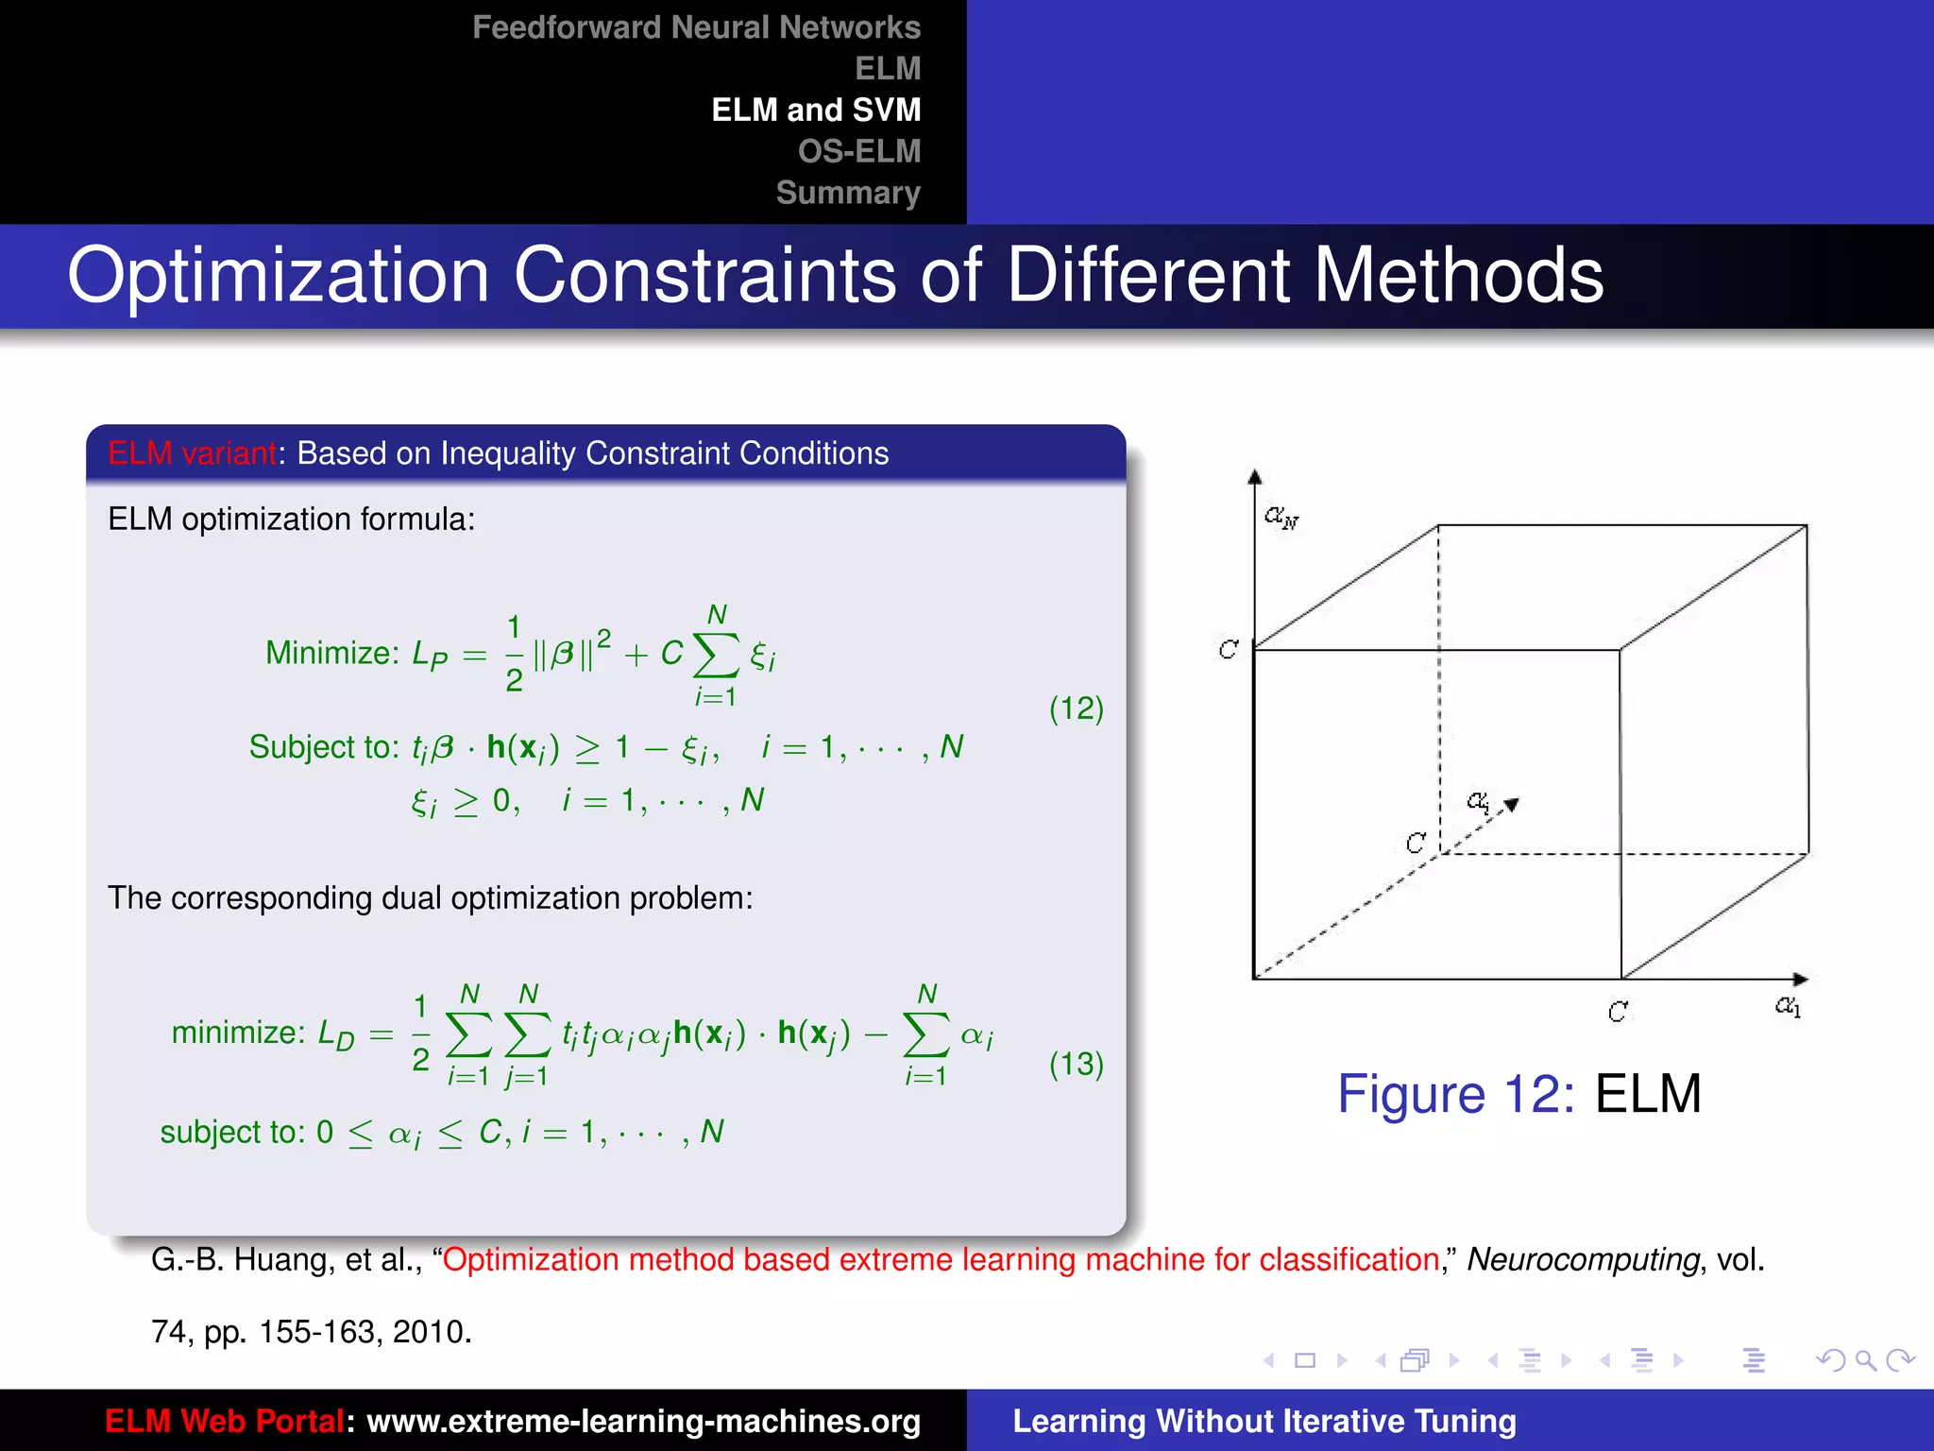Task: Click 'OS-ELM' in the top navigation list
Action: [x=858, y=151]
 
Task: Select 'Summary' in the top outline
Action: [x=847, y=193]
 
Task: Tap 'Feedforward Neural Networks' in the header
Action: [x=696, y=27]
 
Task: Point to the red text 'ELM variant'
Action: [x=192, y=453]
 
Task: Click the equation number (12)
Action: [x=1076, y=708]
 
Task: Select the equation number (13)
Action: [x=1076, y=1064]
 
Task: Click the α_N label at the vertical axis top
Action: [x=1281, y=516]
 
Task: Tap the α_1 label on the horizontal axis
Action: [x=1788, y=1006]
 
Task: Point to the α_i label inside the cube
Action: [x=1479, y=802]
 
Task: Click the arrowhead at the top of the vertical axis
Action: [x=1254, y=477]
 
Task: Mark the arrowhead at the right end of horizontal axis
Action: [x=1800, y=980]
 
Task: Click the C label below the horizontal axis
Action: [x=1618, y=1012]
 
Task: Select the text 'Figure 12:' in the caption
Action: [x=1455, y=1094]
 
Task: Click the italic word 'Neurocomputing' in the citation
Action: [x=1583, y=1259]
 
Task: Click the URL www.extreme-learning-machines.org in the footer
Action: [x=643, y=1421]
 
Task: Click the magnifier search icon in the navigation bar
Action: [x=1865, y=1360]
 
